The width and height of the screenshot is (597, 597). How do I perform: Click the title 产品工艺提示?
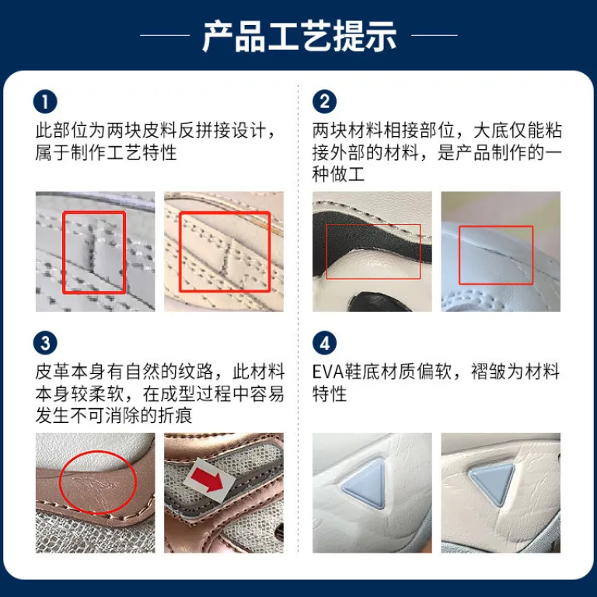[x=298, y=37]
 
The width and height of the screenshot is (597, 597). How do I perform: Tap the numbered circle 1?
[x=45, y=102]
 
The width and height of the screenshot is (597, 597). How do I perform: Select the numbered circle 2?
[x=324, y=102]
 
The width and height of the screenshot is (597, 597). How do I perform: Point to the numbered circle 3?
[x=45, y=343]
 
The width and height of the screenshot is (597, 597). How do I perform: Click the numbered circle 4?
[x=324, y=343]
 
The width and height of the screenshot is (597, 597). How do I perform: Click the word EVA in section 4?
[x=328, y=372]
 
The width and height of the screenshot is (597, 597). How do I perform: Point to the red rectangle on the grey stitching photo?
[x=63, y=252]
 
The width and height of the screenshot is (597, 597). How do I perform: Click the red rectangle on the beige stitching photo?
[x=180, y=252]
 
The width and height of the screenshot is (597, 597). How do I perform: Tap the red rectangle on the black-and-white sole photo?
[x=326, y=252]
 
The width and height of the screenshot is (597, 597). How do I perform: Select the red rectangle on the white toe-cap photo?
[x=459, y=255]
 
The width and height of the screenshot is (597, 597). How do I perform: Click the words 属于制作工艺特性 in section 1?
[x=106, y=152]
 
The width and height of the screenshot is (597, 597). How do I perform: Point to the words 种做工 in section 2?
[x=338, y=174]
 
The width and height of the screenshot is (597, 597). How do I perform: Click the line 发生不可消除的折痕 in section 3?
[x=113, y=415]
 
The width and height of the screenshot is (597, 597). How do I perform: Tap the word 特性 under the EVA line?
[x=330, y=393]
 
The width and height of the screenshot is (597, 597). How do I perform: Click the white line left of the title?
[x=165, y=35]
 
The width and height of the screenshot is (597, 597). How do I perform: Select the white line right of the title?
[x=435, y=35]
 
